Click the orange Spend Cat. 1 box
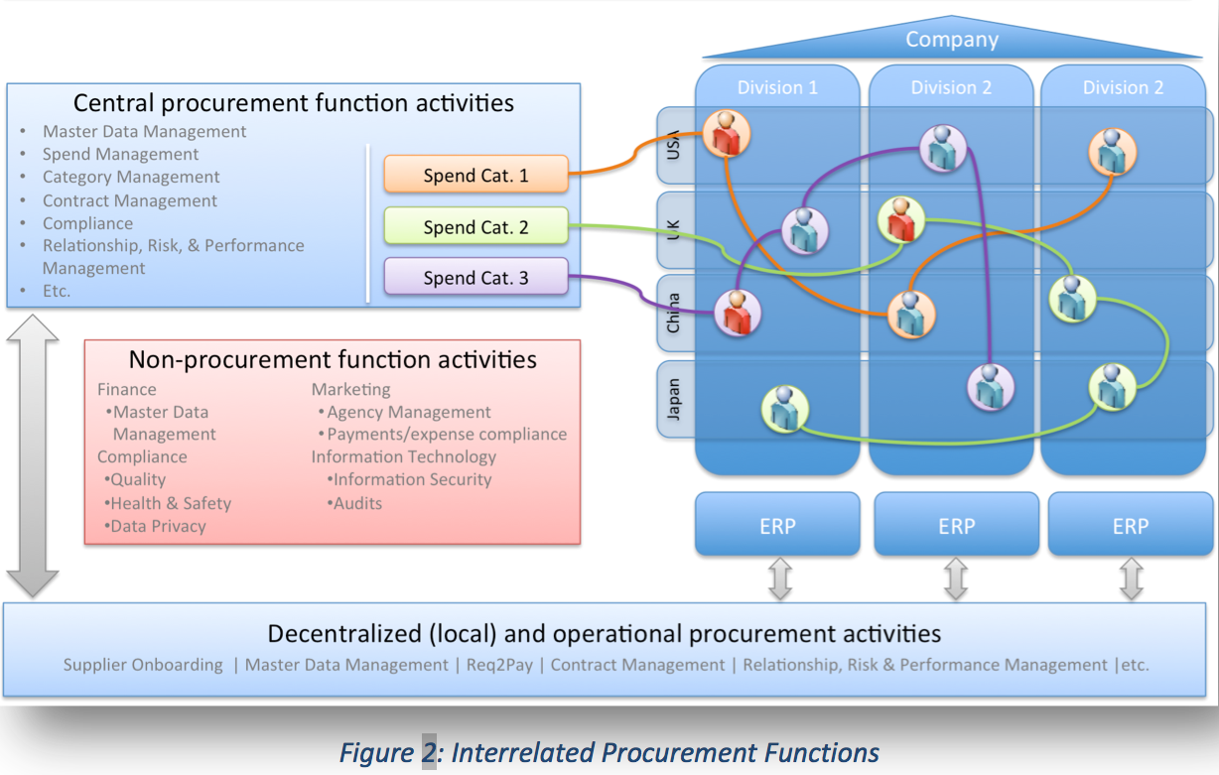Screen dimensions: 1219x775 [x=476, y=174]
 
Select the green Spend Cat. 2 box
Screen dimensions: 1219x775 [x=476, y=225]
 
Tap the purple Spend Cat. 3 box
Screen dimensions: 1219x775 [x=476, y=276]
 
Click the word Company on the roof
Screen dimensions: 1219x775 [x=952, y=39]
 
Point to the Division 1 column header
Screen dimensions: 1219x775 [x=777, y=87]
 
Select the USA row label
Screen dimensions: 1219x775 [x=674, y=145]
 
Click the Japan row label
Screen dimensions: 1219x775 [x=674, y=400]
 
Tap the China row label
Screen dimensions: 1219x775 [x=674, y=313]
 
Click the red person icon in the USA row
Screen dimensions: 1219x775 [x=727, y=134]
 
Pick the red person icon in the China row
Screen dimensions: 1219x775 [x=738, y=313]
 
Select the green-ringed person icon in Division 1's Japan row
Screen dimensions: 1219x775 [x=784, y=409]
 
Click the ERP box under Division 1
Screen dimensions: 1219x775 [x=777, y=524]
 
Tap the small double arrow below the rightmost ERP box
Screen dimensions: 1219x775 [x=1131, y=579]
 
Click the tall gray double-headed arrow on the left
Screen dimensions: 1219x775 [x=33, y=455]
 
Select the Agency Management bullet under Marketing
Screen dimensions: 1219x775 [x=404, y=412]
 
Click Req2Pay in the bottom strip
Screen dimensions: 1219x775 [x=499, y=665]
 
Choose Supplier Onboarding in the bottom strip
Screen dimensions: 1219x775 [x=143, y=665]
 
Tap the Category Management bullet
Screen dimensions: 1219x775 [x=131, y=177]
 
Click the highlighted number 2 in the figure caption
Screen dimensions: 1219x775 [x=430, y=752]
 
